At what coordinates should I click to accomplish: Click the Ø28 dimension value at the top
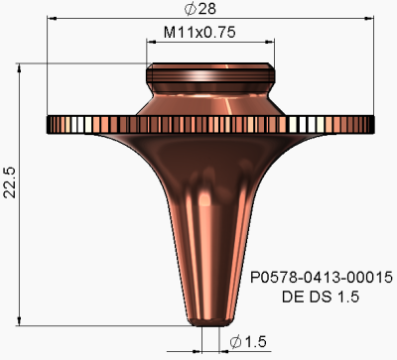click(210, 9)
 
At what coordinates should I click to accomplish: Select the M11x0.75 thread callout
click(210, 34)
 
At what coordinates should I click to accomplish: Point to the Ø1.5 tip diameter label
click(249, 341)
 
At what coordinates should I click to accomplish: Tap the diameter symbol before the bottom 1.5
click(236, 341)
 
